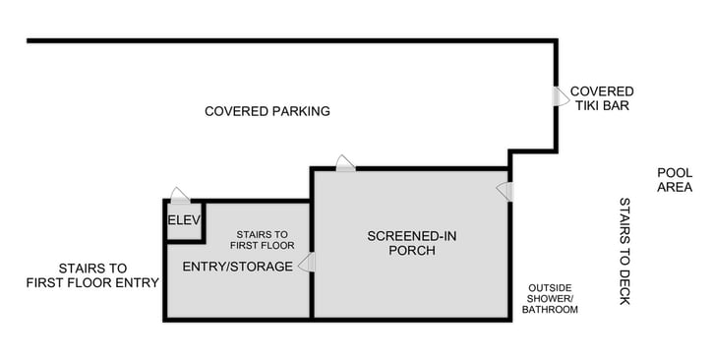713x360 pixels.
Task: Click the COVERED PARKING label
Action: [267, 111]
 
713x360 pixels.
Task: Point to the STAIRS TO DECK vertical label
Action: [624, 251]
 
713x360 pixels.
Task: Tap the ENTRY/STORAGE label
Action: [237, 267]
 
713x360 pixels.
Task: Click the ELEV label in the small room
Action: [184, 219]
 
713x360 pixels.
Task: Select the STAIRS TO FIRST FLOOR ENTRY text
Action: [93, 275]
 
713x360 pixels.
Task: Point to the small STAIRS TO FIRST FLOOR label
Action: [263, 239]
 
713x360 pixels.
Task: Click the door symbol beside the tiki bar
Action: [559, 96]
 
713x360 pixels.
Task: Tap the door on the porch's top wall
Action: [345, 163]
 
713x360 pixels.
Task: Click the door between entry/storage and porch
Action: [306, 263]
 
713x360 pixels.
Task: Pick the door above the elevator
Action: [180, 195]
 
